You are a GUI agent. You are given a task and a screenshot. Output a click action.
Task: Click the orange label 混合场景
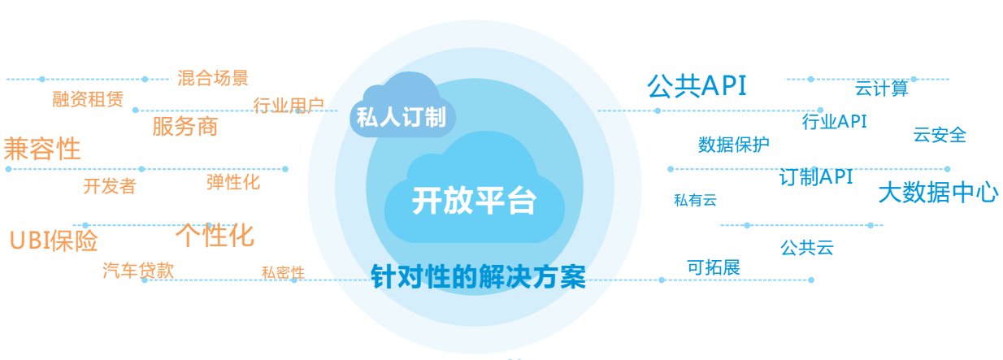213,78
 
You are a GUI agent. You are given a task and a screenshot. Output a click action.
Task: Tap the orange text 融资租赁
88,99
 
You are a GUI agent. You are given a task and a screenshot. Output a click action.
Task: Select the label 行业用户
289,105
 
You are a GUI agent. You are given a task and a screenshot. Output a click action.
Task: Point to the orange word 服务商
185,126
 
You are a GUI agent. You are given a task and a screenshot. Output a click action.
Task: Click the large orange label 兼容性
42,149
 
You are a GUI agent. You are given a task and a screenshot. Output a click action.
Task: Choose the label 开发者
110,186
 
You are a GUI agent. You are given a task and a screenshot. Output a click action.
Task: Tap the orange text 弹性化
232,182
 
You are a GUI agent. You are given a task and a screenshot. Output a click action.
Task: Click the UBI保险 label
54,241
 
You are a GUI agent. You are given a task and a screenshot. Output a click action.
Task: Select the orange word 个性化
215,235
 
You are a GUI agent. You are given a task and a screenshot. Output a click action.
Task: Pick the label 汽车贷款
138,271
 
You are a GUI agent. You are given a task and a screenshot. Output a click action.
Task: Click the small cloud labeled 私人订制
402,107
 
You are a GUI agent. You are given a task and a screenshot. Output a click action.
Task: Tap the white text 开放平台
474,201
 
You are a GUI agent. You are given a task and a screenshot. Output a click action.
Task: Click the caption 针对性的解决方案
478,276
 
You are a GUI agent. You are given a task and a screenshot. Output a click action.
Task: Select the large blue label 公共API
697,85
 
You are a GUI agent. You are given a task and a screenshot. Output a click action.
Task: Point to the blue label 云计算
882,88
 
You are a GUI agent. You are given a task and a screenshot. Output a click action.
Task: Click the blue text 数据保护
733,144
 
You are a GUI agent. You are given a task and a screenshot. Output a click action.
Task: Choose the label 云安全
940,134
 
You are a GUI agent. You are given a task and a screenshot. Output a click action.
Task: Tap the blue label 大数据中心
938,193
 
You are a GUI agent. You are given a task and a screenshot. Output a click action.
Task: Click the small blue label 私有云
696,200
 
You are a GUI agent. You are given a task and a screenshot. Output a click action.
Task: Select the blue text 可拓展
714,267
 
